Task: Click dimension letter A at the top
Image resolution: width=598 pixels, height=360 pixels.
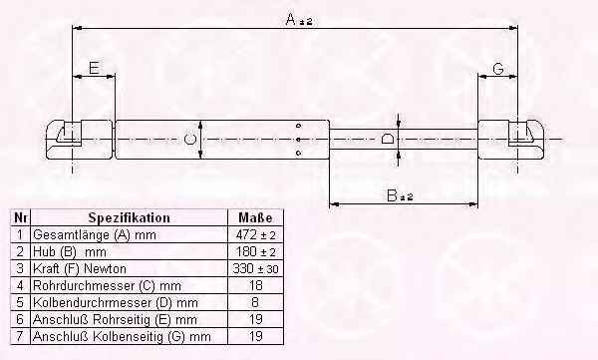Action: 291,19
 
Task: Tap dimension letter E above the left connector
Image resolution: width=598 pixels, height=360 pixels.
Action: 94,68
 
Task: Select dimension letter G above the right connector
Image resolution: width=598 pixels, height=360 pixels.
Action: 498,69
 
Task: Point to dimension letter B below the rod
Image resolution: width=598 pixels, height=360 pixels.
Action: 392,195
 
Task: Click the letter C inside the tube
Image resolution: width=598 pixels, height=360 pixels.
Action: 189,139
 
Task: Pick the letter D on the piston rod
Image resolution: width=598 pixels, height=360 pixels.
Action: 387,139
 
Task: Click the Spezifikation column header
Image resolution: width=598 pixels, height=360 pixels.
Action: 129,218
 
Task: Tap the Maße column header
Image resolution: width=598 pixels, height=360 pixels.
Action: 255,218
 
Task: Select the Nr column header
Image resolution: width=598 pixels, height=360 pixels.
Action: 20,218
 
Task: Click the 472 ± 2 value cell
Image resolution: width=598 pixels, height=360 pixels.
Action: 255,234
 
